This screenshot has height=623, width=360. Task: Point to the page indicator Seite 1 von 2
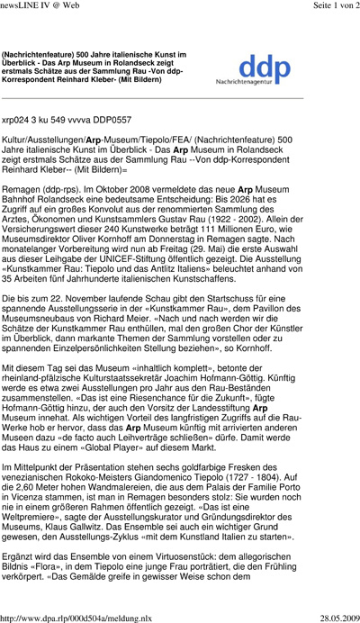point(323,7)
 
